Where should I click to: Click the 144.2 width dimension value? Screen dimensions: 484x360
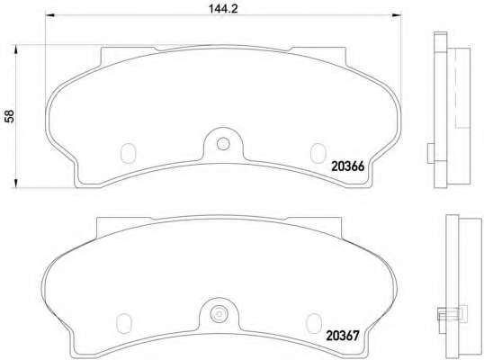click(223, 8)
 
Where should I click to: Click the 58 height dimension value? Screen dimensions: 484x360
click(10, 116)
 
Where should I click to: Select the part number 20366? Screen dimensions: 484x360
click(348, 166)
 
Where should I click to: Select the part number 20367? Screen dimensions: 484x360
click(343, 336)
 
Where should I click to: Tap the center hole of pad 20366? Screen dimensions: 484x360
click(223, 144)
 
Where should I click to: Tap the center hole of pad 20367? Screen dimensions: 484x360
click(219, 314)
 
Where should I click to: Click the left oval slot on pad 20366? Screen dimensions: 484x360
click(128, 153)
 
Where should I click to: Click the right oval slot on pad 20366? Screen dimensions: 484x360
click(318, 153)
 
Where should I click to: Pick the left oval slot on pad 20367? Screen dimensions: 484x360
click(124, 323)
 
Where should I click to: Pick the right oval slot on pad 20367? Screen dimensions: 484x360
click(314, 323)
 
